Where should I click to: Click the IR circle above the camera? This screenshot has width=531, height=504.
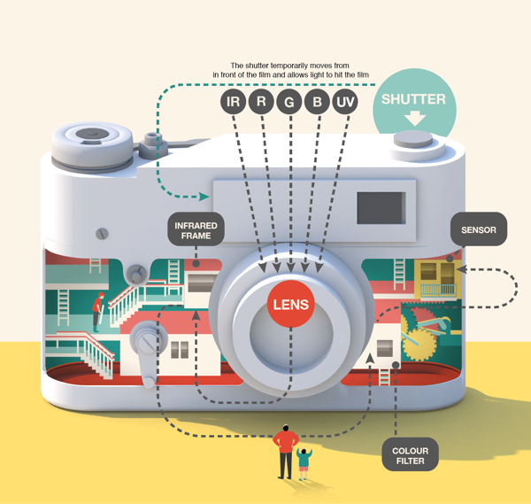click(233, 101)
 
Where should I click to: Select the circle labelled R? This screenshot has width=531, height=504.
click(261, 101)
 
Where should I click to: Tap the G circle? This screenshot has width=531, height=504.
click(289, 102)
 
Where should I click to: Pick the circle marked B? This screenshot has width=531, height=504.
click(317, 102)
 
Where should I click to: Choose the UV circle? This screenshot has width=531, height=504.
click(345, 102)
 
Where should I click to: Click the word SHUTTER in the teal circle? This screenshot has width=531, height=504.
click(413, 99)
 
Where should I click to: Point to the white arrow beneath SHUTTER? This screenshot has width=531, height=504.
click(415, 119)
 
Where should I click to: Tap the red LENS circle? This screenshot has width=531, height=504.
click(291, 304)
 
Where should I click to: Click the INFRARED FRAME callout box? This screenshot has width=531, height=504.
click(196, 229)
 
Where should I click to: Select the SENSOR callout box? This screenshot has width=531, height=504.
click(479, 229)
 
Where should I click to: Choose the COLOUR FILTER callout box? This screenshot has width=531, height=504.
click(410, 455)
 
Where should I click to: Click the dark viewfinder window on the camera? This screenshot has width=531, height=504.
click(381, 208)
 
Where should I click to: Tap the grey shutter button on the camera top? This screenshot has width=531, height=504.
click(413, 139)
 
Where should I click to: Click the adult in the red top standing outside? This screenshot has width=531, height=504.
click(286, 452)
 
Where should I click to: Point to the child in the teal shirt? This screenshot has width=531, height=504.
click(304, 463)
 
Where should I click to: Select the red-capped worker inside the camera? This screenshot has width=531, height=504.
click(98, 312)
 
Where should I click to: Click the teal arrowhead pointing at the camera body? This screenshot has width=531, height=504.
click(204, 197)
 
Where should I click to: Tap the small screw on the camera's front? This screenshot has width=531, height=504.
click(102, 234)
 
